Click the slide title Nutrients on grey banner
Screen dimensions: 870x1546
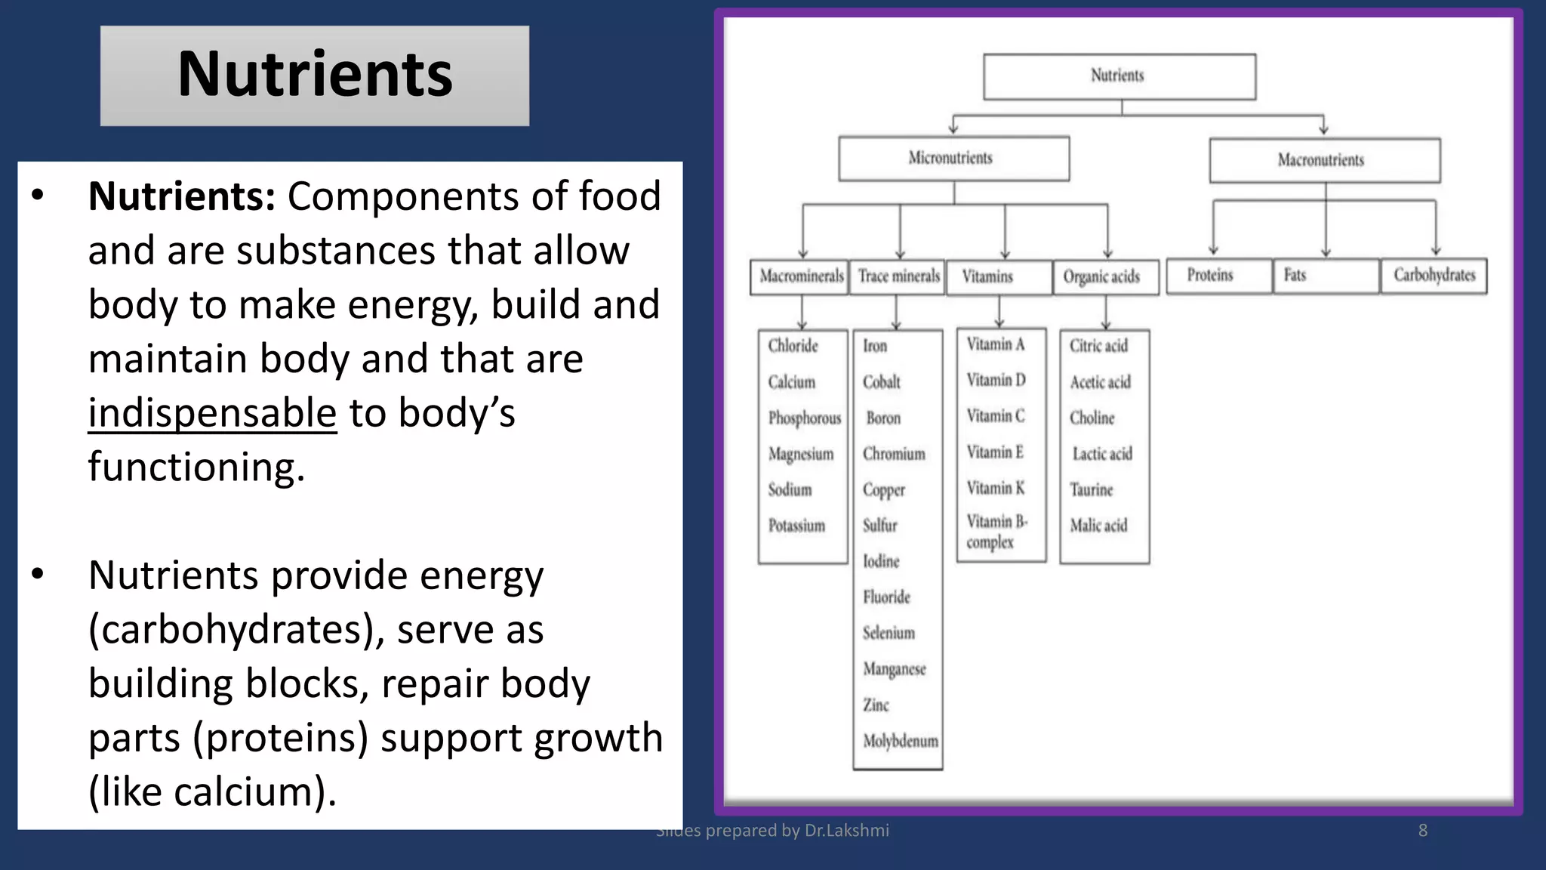[x=315, y=74]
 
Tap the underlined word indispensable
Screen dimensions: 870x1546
[x=212, y=413]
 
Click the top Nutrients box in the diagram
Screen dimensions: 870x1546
[x=1118, y=76]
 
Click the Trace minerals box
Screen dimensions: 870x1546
[x=898, y=276]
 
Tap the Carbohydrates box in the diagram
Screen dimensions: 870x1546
[x=1434, y=275]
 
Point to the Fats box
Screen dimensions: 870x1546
[x=1324, y=275]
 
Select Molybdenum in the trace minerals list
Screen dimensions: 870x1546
[x=900, y=741]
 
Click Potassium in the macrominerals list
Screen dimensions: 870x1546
[x=796, y=526]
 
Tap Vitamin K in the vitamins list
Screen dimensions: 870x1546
[x=995, y=488]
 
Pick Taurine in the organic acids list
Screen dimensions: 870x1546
[x=1091, y=490]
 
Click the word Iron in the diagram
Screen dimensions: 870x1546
[x=875, y=346]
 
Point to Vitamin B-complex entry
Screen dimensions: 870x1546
[x=996, y=532]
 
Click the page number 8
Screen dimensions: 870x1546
[x=1422, y=831]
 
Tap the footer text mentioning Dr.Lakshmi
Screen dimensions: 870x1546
[x=773, y=831]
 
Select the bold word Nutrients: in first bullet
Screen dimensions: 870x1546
[x=182, y=197]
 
